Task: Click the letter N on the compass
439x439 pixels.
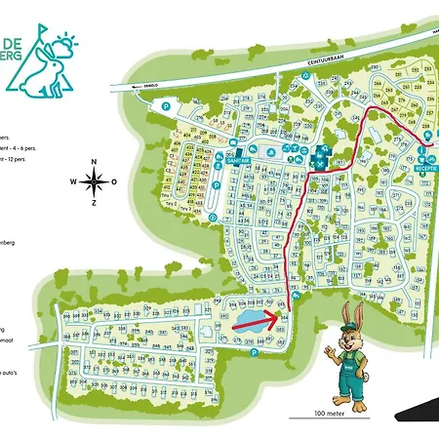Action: click(x=95, y=163)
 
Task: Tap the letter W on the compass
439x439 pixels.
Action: click(x=74, y=181)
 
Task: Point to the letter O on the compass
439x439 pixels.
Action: click(x=114, y=181)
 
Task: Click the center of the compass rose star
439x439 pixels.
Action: click(x=95, y=180)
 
